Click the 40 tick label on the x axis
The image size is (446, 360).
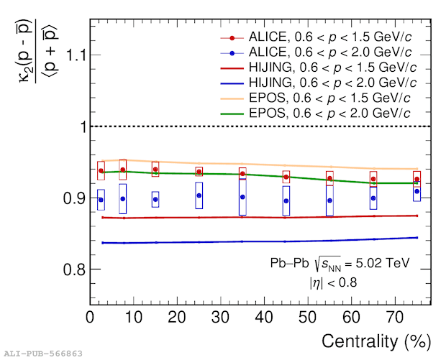265,317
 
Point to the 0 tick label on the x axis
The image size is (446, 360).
91,317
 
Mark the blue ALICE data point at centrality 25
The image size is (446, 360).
199,195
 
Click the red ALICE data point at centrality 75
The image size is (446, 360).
417,179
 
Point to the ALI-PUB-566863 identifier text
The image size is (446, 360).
43,354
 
